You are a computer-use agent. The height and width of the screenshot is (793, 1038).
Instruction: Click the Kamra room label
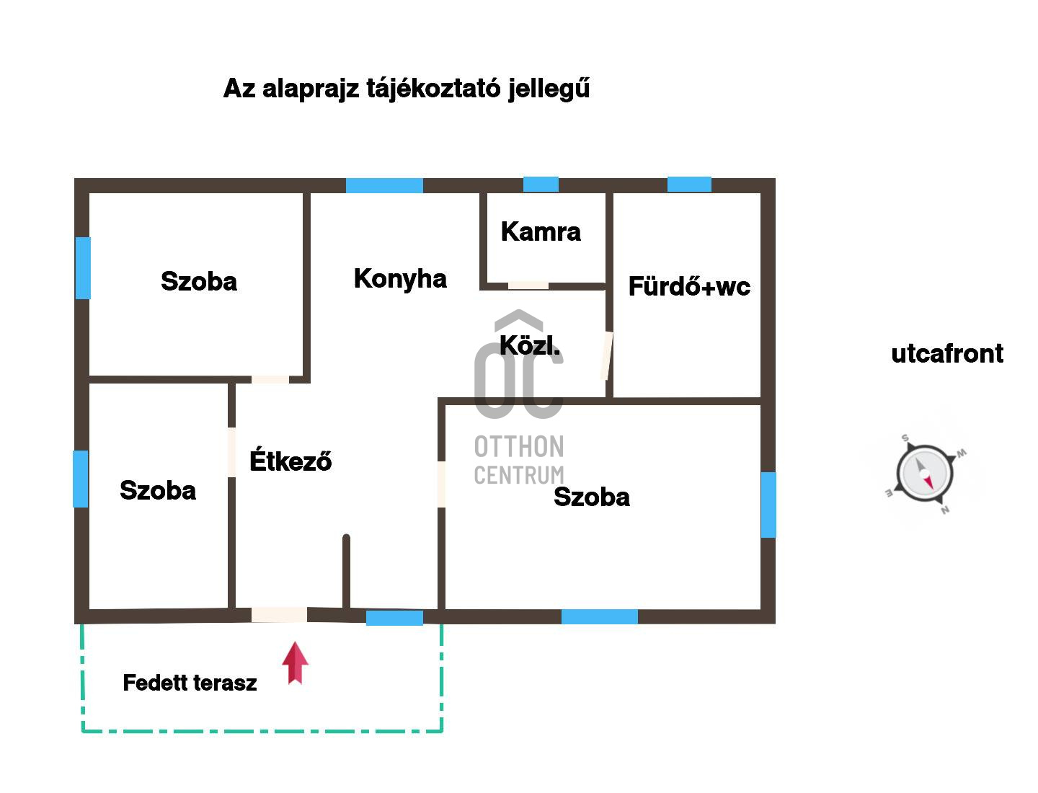tap(541, 231)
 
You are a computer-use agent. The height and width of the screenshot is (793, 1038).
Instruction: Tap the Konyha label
tap(400, 279)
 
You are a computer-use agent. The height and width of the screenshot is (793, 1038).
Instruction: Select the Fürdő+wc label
tap(689, 286)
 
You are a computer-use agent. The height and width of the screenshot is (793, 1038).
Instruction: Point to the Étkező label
tap(290, 460)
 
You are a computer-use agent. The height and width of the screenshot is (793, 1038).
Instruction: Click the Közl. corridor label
tap(530, 345)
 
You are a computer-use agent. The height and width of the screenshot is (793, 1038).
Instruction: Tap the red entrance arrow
tap(295, 663)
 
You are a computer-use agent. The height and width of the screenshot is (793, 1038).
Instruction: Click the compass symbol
tap(925, 474)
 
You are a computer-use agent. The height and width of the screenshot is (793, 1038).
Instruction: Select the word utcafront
tap(947, 354)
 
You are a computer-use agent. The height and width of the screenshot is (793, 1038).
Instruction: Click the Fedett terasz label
tap(190, 683)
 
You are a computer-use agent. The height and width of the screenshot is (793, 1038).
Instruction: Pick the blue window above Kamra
tap(541, 185)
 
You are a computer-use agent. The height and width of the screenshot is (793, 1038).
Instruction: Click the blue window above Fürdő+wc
tap(689, 185)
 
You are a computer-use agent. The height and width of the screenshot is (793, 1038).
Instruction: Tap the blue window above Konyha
tap(384, 185)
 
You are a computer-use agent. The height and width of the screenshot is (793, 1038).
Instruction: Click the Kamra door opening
tap(528, 285)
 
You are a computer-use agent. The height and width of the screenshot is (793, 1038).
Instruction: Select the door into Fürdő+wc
tap(607, 355)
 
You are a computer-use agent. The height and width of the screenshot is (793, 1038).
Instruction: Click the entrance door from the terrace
tap(279, 615)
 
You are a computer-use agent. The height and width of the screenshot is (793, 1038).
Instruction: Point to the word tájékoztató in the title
tap(433, 89)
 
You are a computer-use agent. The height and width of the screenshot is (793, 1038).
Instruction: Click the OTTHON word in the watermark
tap(519, 447)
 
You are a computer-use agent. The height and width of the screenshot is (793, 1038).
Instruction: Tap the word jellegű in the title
tap(549, 89)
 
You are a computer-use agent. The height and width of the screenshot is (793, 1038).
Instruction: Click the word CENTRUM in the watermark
tap(519, 475)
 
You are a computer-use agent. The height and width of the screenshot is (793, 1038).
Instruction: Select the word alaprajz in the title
tap(310, 89)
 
